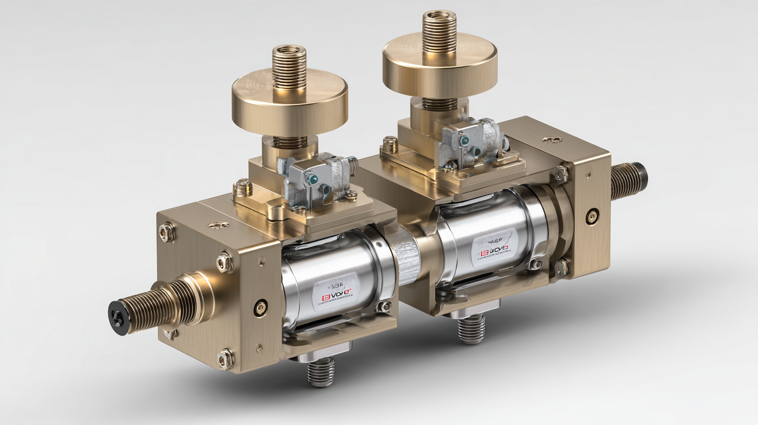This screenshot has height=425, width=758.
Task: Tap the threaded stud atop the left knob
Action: [x=289, y=66]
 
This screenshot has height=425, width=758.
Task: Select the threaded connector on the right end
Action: [x=628, y=181]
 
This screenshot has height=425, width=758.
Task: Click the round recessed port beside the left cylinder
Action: [x=260, y=308]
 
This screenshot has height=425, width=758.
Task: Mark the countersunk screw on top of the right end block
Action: [x=551, y=140]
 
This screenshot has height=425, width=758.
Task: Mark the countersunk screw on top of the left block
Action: [x=218, y=225]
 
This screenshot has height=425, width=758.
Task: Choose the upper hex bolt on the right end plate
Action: [x=562, y=174]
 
